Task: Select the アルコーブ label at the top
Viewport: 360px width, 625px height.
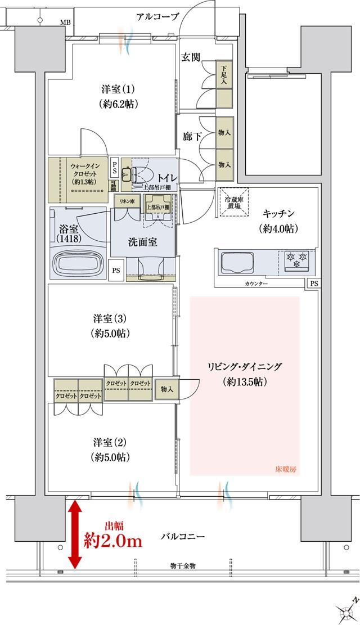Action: coord(157,17)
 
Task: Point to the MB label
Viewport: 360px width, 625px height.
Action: coord(66,23)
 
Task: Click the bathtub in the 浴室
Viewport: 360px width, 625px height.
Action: coord(78,262)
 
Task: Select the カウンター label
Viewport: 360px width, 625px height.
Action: coord(256,284)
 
